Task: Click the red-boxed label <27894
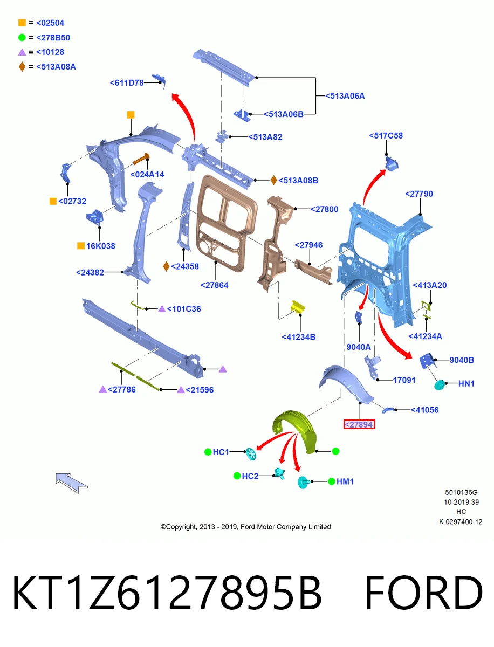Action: pos(359,424)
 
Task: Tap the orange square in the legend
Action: pos(22,23)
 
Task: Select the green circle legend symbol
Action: pos(22,37)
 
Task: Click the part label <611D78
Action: pos(126,83)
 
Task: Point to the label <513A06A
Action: pos(345,96)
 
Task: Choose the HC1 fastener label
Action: pos(221,452)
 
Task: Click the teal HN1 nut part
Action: pos(439,384)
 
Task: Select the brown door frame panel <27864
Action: pos(227,223)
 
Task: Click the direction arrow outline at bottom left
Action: pos(71,483)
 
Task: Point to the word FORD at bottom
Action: pos(423,593)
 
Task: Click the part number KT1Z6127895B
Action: pos(167,593)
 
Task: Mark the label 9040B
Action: pos(462,360)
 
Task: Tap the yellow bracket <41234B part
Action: pos(297,307)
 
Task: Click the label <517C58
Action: pos(386,135)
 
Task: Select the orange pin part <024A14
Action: pos(141,159)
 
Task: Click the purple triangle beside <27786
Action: pos(103,389)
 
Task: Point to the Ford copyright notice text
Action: pos(245,526)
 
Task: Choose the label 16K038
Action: pos(100,246)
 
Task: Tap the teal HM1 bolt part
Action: pos(303,482)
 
